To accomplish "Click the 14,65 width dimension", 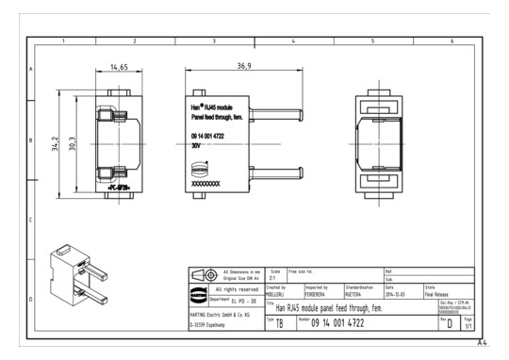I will tap(118, 68).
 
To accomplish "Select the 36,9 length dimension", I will tap(244, 67).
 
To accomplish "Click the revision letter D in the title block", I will tap(450, 324).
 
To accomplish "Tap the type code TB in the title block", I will tap(279, 324).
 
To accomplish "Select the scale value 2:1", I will tap(274, 278).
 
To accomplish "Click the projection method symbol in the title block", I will tap(200, 274).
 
